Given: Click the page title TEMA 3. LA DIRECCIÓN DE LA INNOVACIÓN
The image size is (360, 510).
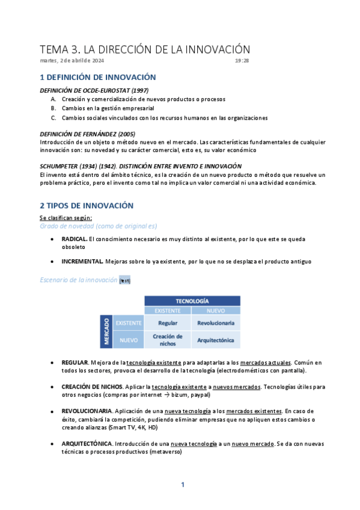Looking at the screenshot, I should coord(144,49).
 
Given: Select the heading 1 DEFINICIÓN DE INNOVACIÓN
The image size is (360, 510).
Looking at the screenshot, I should coord(97,78).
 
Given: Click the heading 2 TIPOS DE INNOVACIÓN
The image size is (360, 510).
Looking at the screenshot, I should coord(86,206).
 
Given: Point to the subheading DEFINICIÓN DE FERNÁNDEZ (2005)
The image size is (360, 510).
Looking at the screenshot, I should coord(84,133).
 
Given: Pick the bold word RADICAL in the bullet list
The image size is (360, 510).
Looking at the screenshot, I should coord(75,239).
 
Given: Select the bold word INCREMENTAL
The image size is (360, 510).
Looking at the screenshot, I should coord(82,262).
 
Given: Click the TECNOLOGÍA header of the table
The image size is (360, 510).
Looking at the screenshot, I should coord(192,300).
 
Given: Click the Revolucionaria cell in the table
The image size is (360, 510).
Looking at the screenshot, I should coord(215,323).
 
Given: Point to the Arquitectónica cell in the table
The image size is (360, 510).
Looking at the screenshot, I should coord(215,340).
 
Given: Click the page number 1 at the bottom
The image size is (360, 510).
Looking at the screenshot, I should coord(183,485).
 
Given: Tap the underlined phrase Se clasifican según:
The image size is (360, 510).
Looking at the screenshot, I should coord(66,217).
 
